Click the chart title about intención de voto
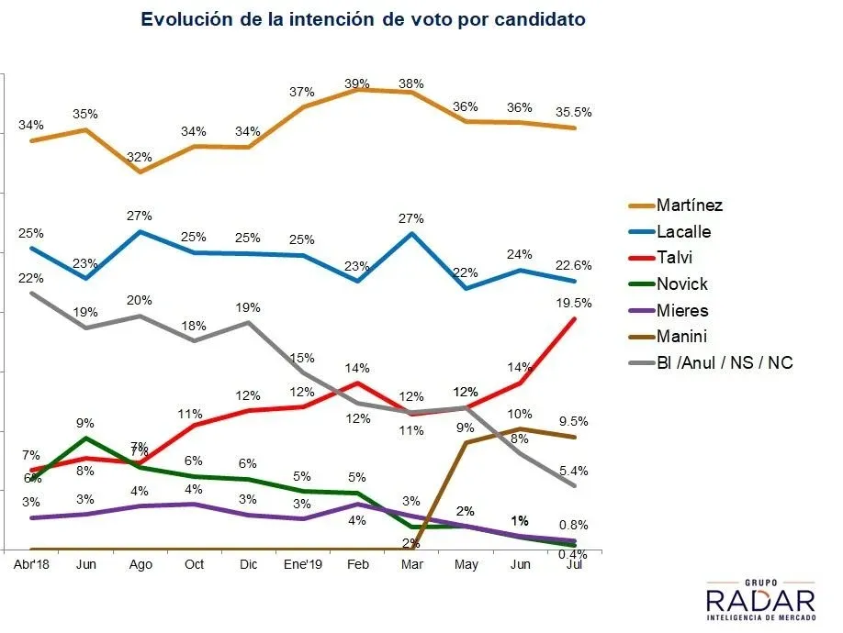pyautogui.click(x=363, y=19)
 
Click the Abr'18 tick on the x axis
pyautogui.click(x=31, y=564)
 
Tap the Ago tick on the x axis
pyautogui.click(x=140, y=564)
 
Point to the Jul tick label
pyautogui.click(x=574, y=564)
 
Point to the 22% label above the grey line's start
pyautogui.click(x=31, y=278)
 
